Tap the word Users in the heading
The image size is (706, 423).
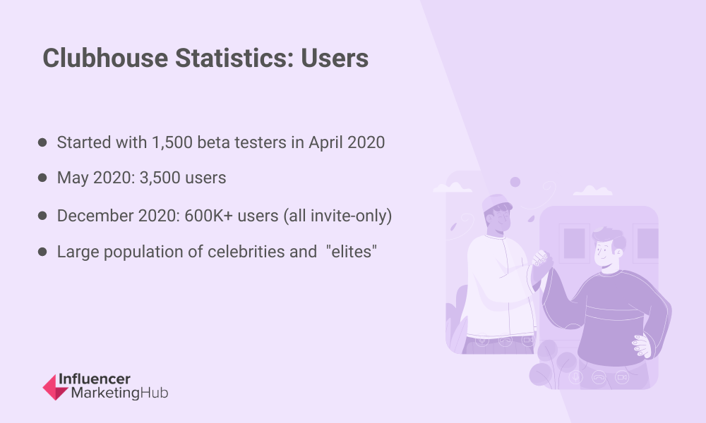[x=335, y=59]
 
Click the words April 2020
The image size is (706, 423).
[x=347, y=142]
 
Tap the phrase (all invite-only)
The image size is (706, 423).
[x=337, y=216]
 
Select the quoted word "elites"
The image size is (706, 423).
[x=352, y=252]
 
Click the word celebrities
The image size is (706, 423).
[x=241, y=252]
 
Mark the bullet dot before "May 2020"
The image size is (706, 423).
[x=43, y=178]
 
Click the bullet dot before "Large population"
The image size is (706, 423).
[x=43, y=252]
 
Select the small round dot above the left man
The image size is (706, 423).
[x=515, y=182]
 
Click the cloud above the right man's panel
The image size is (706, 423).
[x=592, y=190]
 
